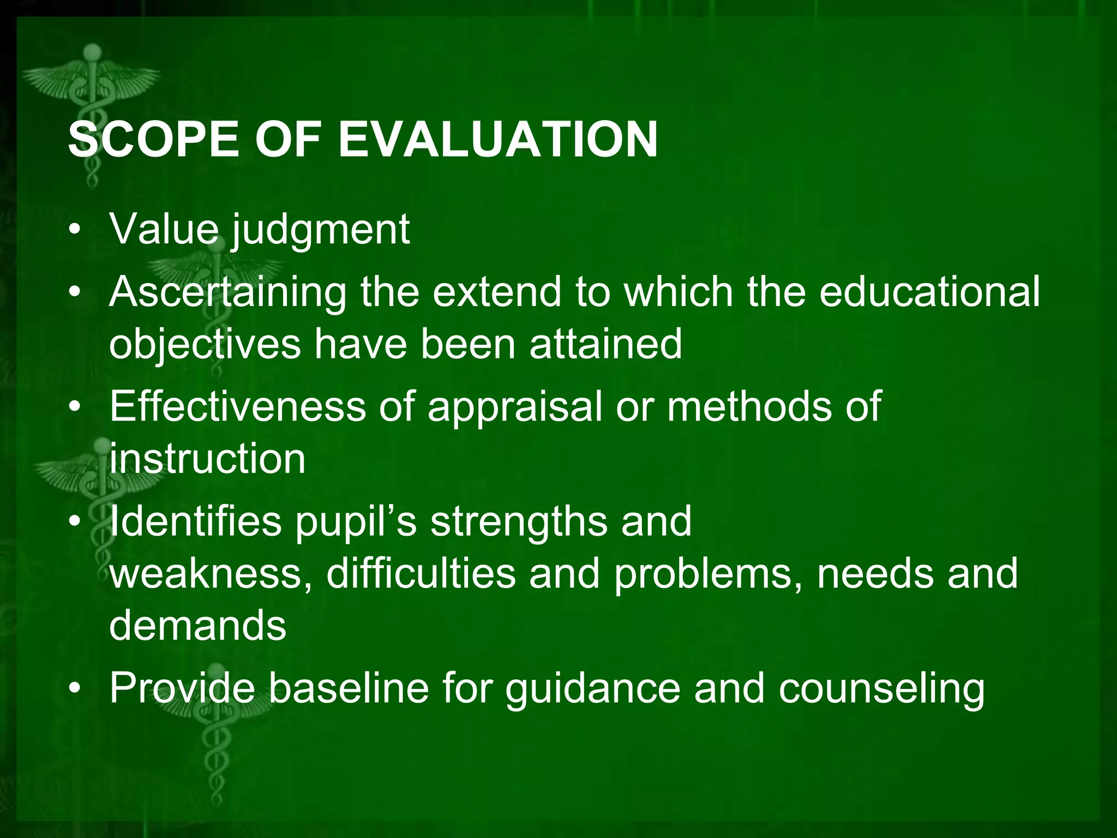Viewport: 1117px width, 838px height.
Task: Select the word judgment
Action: [321, 230]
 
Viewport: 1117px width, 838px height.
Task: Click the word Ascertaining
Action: [227, 292]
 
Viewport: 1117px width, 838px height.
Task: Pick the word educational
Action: [929, 291]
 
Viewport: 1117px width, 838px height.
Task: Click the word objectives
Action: [205, 345]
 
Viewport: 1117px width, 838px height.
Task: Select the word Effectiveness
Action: [237, 406]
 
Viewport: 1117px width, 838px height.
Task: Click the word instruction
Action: [207, 459]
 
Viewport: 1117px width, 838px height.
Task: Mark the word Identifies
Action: [196, 521]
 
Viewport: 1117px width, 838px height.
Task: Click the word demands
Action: [197, 625]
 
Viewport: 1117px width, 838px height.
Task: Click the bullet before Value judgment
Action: [75, 230]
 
